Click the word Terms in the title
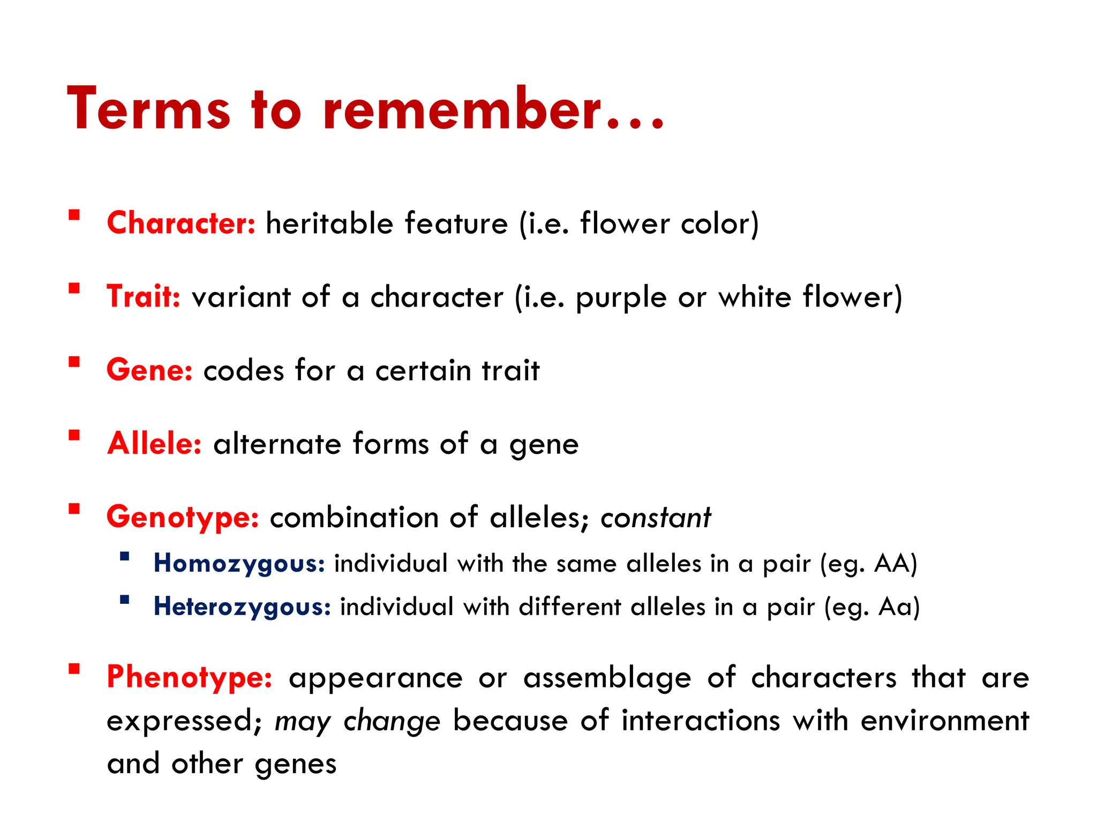149,108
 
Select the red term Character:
181,223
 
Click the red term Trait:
144,296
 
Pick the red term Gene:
149,370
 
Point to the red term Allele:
154,444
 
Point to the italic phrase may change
357,722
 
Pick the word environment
945,721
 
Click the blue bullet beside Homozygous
125,556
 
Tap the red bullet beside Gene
74,362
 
